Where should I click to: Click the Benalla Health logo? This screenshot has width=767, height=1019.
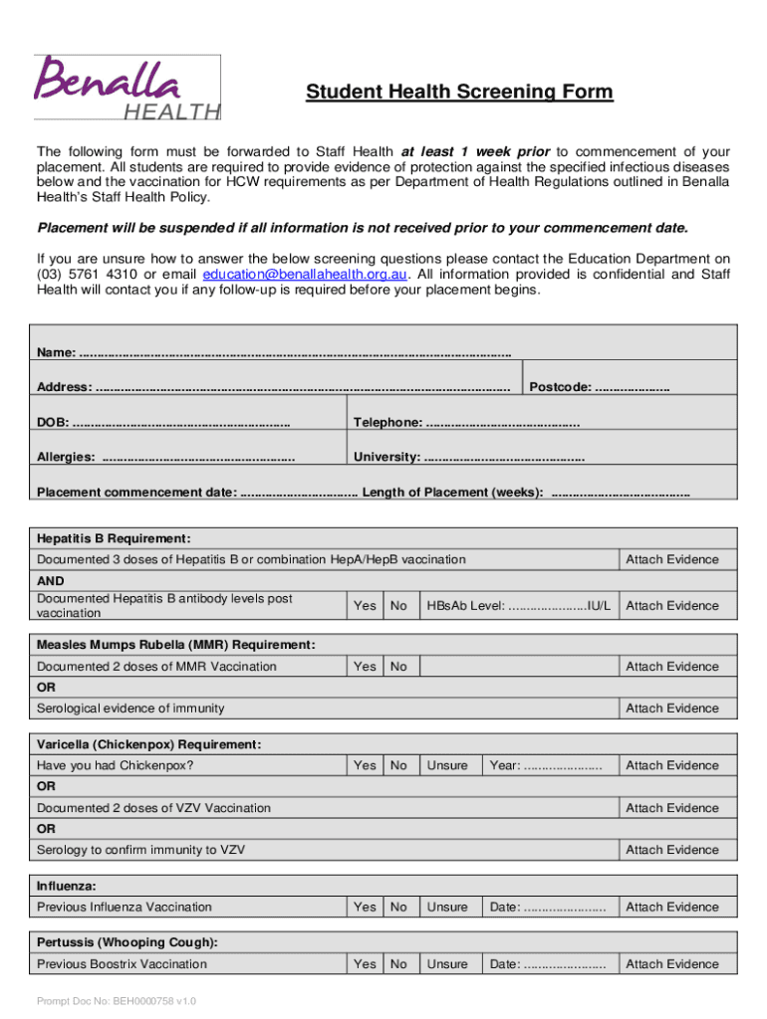127,88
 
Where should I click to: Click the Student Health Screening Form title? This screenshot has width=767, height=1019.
459,93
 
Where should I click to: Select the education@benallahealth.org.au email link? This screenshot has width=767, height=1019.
304,274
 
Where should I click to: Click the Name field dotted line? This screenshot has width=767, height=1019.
294,353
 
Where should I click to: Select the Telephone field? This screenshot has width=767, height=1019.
503,423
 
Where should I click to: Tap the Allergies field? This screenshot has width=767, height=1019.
198,458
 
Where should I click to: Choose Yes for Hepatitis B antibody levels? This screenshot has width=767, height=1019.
365,605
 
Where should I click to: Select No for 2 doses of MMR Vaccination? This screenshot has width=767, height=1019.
398,667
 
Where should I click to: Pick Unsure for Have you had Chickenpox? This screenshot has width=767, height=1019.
447,765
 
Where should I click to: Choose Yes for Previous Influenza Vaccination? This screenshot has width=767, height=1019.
365,907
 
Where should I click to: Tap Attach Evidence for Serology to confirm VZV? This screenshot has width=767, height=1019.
671,850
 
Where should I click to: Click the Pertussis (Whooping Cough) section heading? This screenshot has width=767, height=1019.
128,942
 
